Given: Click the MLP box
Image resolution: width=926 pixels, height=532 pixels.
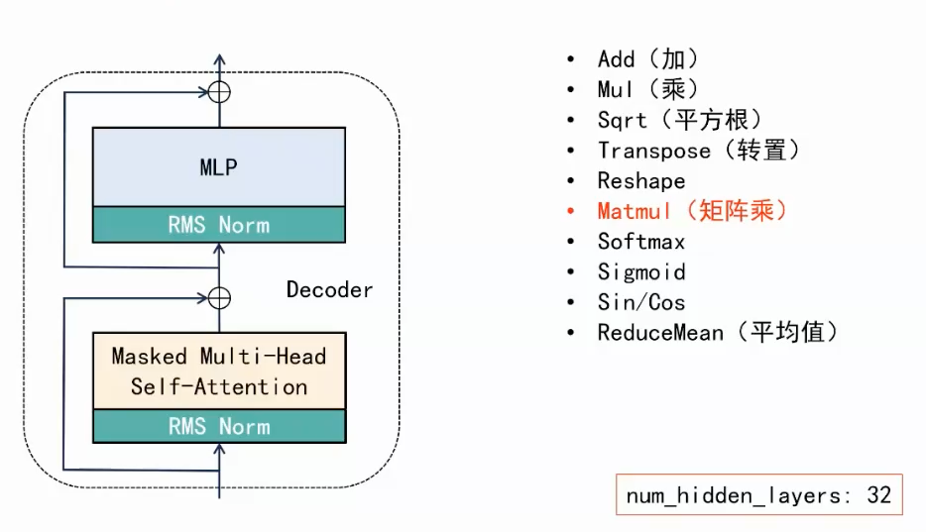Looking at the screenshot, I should (x=218, y=166).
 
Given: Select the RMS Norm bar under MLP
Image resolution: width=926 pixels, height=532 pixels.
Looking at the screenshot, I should (x=218, y=225).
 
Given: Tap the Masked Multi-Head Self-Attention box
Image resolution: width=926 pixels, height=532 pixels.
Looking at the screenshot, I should (x=218, y=371).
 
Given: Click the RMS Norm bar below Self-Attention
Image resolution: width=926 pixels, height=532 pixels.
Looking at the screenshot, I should (x=218, y=426).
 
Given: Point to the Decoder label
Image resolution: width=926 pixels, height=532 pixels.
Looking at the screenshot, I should (x=329, y=289).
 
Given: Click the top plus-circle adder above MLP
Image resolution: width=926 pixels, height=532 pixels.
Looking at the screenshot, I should (x=219, y=93).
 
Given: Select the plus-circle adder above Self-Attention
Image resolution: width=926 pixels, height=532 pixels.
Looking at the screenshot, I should (x=219, y=297).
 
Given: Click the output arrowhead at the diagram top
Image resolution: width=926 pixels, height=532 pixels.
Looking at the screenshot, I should (x=219, y=60).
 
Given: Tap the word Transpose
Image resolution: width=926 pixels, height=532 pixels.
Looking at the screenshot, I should (x=653, y=151).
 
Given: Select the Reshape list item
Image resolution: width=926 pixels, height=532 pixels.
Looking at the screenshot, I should (x=640, y=181).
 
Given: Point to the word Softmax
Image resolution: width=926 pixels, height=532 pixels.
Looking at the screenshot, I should (x=640, y=242).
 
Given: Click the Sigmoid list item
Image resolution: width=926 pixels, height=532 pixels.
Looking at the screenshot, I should (x=640, y=271).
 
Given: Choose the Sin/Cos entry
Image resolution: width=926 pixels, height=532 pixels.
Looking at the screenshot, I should (x=640, y=302).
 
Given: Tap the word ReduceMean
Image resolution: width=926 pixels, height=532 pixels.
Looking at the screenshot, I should (x=660, y=333).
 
